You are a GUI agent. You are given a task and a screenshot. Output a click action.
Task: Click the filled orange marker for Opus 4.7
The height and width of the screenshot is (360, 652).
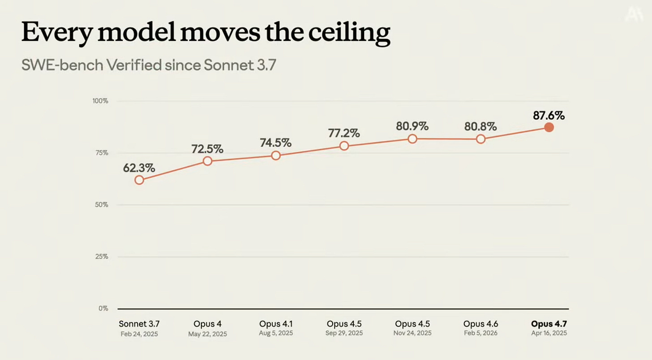pos(549,127)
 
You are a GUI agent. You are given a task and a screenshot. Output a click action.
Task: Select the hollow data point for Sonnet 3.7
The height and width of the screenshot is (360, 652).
pos(139,180)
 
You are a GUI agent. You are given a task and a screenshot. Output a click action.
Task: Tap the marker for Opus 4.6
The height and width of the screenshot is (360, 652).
pos(480,139)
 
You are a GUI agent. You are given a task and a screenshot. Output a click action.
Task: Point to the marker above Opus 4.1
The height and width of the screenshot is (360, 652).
pos(276,155)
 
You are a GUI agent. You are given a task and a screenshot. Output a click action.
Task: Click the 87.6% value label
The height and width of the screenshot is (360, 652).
pos(549,116)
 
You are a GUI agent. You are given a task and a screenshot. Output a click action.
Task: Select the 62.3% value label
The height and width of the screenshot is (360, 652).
pos(139,168)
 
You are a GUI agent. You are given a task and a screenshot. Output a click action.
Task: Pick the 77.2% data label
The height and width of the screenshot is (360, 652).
pos(344,133)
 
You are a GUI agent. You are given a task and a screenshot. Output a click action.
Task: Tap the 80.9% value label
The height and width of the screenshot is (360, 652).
pos(412,126)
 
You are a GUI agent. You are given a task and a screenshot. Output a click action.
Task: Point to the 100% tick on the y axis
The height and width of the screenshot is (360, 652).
pos(100,101)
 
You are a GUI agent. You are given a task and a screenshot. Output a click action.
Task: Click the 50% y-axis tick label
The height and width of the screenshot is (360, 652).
pos(102,205)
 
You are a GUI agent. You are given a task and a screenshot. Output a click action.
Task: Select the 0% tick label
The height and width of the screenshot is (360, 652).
pos(103,308)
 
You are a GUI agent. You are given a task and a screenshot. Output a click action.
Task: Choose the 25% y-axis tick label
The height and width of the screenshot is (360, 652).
pos(102,257)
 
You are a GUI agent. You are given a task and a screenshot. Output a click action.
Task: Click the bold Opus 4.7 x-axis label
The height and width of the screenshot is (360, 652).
pos(549,324)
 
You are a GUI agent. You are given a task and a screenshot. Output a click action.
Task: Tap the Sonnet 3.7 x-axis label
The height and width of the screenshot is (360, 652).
pos(139,324)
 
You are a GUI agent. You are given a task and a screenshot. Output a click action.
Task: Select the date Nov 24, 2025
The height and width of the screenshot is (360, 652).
pos(412,333)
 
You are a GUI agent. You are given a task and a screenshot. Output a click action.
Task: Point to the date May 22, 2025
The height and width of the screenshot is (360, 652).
pos(207,334)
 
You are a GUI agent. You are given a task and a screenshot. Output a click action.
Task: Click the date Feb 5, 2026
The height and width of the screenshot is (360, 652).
pos(480,333)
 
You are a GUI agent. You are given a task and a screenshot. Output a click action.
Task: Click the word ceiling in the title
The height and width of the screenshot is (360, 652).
pos(349,33)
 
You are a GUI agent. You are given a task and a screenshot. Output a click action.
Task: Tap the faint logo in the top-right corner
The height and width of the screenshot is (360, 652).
pos(634,14)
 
